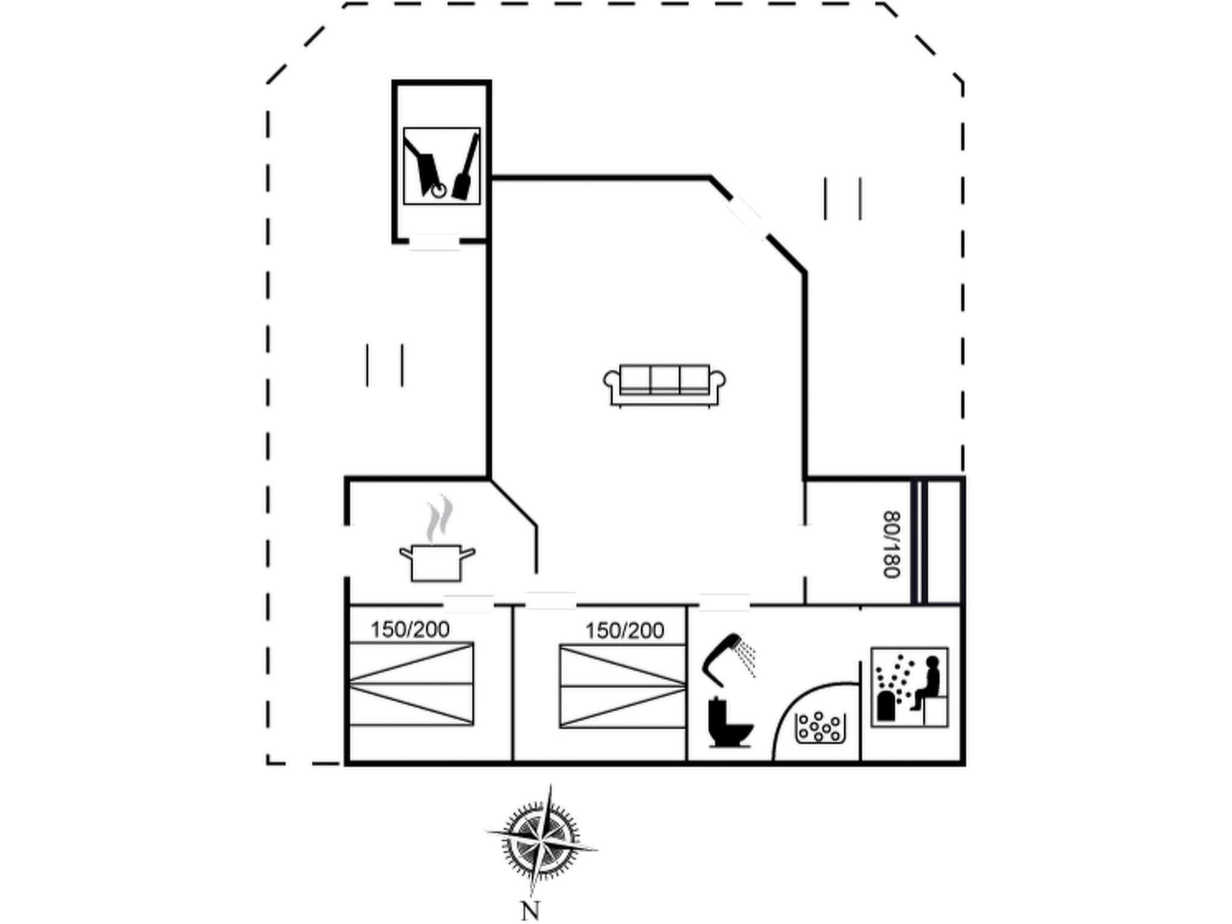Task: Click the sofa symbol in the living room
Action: click(664, 384)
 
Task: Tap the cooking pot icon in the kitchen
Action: click(437, 563)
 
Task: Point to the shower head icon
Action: click(728, 659)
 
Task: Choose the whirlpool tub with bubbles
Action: click(821, 727)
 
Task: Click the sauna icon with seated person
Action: click(910, 687)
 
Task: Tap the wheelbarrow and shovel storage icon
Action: click(442, 166)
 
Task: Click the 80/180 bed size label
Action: click(891, 544)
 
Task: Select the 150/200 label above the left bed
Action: click(410, 630)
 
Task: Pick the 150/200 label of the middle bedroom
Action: click(624, 631)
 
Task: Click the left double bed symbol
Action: click(411, 684)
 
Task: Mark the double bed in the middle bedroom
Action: click(623, 686)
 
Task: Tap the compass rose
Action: click(541, 840)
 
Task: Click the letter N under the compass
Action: click(530, 910)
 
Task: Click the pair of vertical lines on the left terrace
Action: click(384, 365)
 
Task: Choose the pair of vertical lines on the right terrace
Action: click(843, 199)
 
